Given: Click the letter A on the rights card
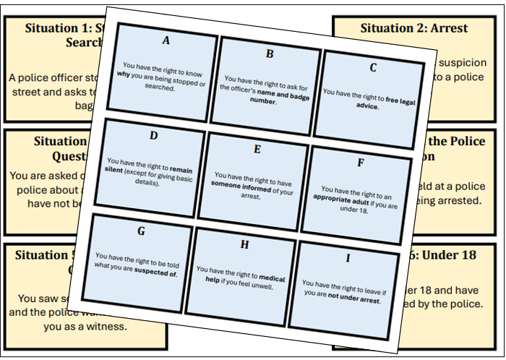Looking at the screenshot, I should pyautogui.click(x=166, y=40).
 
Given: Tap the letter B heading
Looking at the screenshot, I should pyautogui.click(x=270, y=53).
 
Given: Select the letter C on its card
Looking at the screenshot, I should pyautogui.click(x=373, y=68).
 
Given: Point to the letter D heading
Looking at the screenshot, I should pyautogui.click(x=154, y=135).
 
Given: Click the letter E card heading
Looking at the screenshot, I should pyautogui.click(x=257, y=150).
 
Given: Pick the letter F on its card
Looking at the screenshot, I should pyautogui.click(x=360, y=163).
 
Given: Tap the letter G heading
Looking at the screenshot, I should pyautogui.click(x=141, y=231).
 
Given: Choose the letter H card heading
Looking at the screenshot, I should pyautogui.click(x=244, y=245).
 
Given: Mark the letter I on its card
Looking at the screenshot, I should pyautogui.click(x=348, y=258).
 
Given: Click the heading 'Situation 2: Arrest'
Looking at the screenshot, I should pyautogui.click(x=413, y=28).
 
